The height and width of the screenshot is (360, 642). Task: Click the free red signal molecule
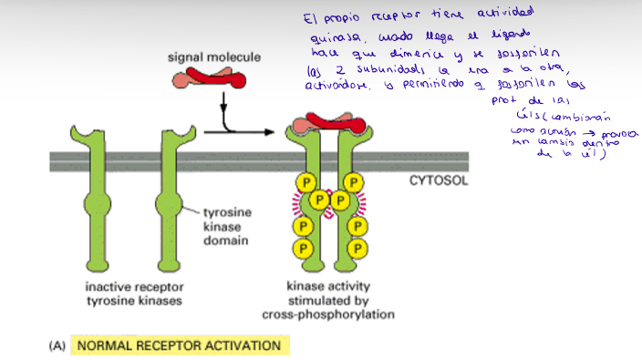coord(212,79)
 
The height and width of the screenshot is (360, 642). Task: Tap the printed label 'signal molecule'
coord(213,57)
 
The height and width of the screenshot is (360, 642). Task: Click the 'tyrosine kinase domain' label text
coord(225,227)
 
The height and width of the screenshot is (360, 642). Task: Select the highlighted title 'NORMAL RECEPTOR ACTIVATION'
coord(179,345)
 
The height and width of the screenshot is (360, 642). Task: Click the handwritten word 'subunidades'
coord(376,70)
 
